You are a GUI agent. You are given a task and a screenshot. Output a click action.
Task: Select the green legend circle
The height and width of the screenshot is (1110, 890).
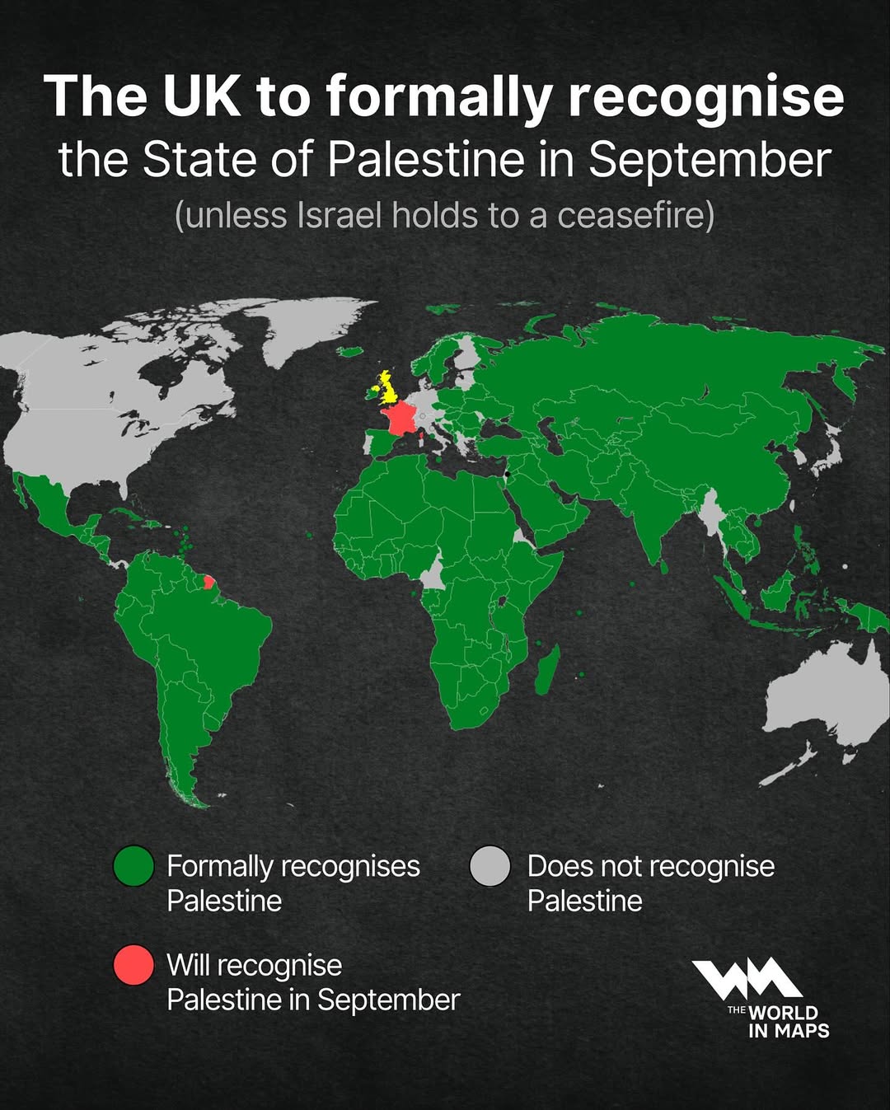tap(133, 866)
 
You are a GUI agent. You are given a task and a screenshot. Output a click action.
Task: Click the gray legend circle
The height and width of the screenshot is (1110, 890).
tap(490, 866)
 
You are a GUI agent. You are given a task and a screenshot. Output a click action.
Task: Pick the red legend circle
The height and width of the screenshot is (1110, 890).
tap(133, 965)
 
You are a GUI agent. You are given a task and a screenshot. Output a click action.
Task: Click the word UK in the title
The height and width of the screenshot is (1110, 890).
tap(202, 97)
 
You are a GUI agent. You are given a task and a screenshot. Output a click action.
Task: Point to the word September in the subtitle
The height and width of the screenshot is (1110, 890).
tap(710, 160)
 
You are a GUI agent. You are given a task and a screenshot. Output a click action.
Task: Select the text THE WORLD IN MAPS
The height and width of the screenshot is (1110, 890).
tap(778, 1021)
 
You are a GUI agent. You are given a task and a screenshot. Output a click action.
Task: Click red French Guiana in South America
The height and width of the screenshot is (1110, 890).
tap(209, 583)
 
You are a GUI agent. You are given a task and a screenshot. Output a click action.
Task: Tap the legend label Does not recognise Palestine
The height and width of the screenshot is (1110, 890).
tap(650, 883)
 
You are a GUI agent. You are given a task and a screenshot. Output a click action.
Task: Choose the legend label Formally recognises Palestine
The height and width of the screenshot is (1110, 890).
tap(293, 883)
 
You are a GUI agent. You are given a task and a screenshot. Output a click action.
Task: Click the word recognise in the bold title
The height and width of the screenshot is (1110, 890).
tap(705, 97)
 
